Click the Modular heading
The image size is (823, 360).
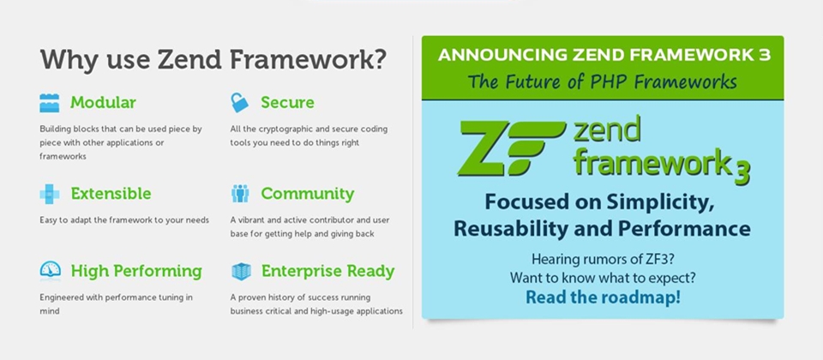coord(103,103)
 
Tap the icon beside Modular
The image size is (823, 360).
coord(50,103)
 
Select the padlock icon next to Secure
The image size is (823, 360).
coord(240,103)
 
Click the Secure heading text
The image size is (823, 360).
coord(287,103)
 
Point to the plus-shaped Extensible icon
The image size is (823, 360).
coord(50,194)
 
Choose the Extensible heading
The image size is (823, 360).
coord(111,194)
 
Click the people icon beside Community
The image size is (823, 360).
coord(240,194)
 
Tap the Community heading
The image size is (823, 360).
coord(307,194)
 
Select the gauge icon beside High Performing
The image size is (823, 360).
coord(50,271)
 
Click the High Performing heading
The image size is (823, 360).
coord(135,272)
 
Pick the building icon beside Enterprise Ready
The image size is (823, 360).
coord(241,272)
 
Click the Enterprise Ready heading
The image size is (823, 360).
coord(327,272)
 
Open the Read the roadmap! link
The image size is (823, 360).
coord(603,297)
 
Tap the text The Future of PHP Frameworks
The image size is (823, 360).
coord(602,82)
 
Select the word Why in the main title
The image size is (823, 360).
coord(66,60)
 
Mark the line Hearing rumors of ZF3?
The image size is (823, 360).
coord(602,259)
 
